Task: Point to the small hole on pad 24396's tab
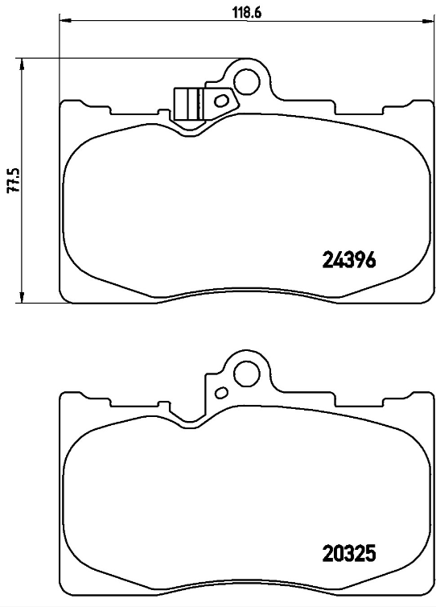click(220, 101)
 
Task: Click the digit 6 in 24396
click(372, 259)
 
